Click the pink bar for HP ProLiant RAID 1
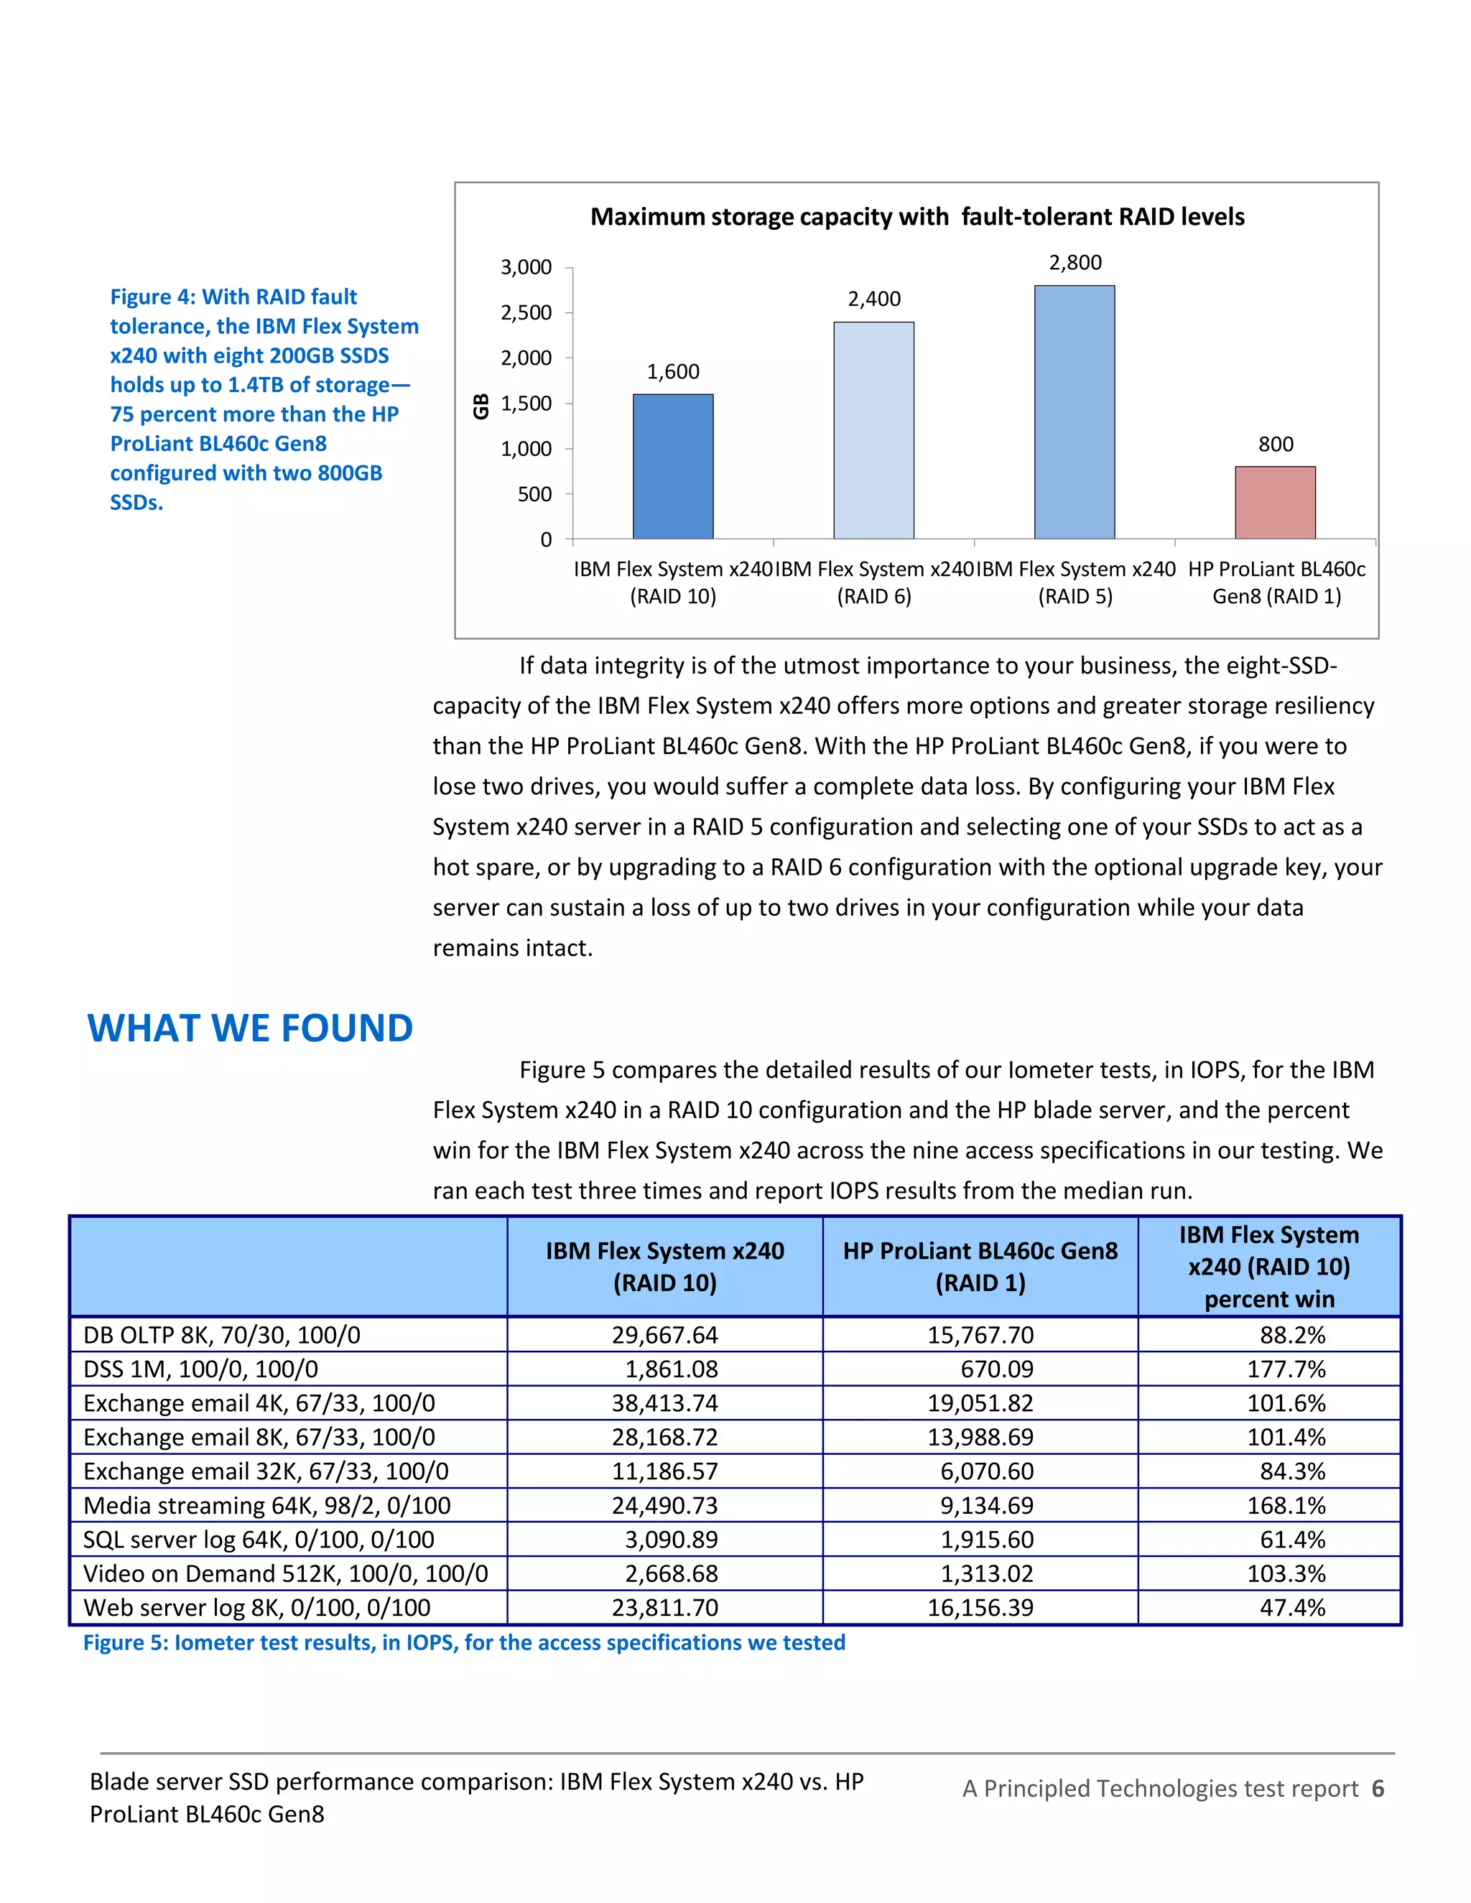1275,503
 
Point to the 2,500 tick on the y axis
526,313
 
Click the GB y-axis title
481,406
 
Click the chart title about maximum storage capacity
917,217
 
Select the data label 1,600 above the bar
673,372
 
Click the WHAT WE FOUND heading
250,1028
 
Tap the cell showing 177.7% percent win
1286,1369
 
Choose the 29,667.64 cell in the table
664,1335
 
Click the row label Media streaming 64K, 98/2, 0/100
266,1506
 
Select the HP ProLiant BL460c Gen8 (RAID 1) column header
980,1267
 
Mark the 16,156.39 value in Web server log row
980,1608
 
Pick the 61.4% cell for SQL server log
1291,1540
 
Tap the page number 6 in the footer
1377,1789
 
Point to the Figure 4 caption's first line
233,297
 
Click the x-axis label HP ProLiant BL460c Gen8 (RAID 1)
1276,582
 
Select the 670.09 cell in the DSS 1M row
996,1369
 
